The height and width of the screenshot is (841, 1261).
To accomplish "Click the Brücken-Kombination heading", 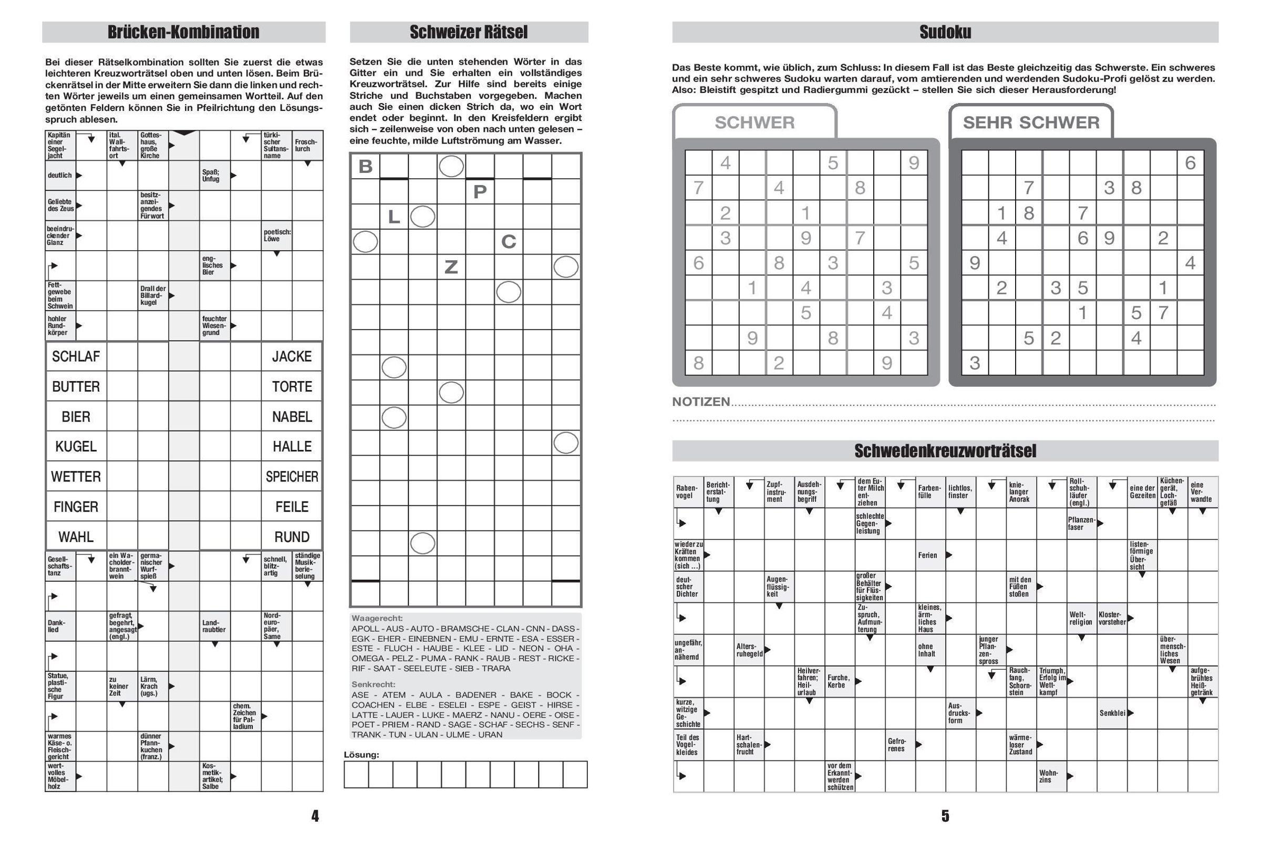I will pos(183,32).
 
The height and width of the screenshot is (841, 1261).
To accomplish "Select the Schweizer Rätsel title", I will pos(469,32).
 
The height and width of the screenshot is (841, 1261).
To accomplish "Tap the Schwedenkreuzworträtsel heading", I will pos(945,451).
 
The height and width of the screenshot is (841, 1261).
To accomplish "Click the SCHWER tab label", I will pos(754,122).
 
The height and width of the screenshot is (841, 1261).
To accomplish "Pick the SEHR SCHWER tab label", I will pos(1031,122).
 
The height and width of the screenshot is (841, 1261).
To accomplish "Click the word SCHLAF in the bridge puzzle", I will pos(76,357).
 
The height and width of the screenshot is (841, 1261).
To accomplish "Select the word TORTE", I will pos(292,387).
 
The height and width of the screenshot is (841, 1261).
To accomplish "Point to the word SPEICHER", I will pos(292,477).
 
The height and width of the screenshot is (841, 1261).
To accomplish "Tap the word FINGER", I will pos(76,507).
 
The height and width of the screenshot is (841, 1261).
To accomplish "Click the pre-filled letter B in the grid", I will pos(365,166).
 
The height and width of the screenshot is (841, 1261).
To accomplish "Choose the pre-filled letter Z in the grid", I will pos(451,266).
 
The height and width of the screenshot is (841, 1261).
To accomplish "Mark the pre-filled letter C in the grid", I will pos(508,242).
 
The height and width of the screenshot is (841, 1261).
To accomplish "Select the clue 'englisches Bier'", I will pos(213,265).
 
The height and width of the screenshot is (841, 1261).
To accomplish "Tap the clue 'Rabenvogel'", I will pos(687,492).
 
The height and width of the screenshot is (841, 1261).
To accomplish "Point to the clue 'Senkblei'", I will pos(1112,713).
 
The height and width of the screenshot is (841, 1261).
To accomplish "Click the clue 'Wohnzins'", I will pos(1049,776).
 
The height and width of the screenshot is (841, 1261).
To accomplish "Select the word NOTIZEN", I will pos(701,402).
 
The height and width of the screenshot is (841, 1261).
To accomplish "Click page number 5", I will pos(945,816).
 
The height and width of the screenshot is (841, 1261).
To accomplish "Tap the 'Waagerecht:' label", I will pos(377,619).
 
